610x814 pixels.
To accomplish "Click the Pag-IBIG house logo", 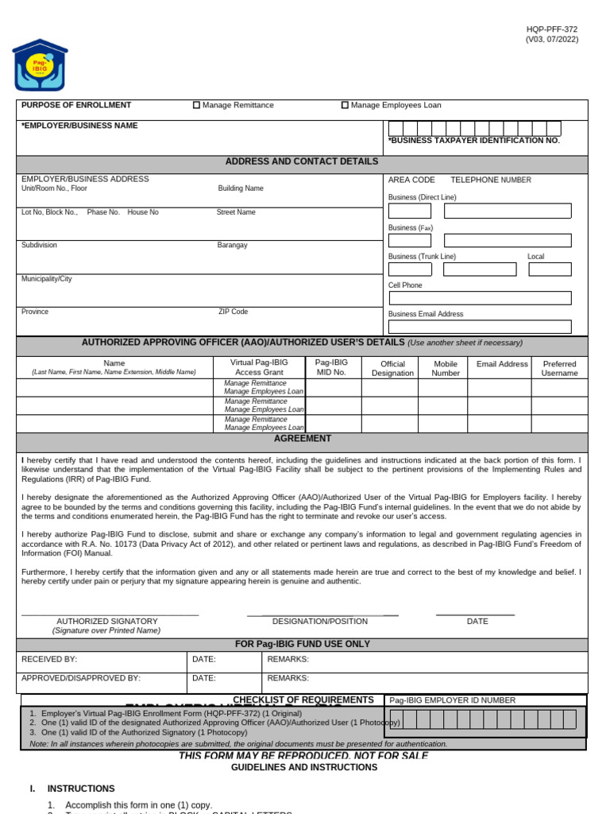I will (40, 65).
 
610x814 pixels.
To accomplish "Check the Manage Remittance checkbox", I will (197, 105).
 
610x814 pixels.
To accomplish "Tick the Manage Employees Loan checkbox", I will (345, 105).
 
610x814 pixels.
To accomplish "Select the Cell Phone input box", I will (479, 298).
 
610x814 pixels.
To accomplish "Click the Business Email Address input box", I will (479, 327).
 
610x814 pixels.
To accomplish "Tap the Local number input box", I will (550, 269).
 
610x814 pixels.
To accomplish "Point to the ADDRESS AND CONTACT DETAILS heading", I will (302, 161).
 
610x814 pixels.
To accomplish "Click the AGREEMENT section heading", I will (303, 439).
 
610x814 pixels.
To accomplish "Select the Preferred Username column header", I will (559, 368).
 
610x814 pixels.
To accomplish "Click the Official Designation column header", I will (392, 368).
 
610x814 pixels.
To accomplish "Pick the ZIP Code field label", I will (233, 312).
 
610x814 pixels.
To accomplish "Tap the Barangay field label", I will (232, 246).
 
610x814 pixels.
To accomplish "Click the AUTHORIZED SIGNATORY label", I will (107, 622).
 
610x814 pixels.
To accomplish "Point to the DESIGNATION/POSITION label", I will (320, 622).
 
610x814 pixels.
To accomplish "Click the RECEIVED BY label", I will (49, 660).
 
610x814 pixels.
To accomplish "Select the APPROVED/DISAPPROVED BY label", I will (81, 678).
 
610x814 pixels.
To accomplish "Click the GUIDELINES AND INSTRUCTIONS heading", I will (304, 768).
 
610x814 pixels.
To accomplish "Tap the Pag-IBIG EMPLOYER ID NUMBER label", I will (452, 700).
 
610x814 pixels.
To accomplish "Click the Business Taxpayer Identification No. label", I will (474, 141).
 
